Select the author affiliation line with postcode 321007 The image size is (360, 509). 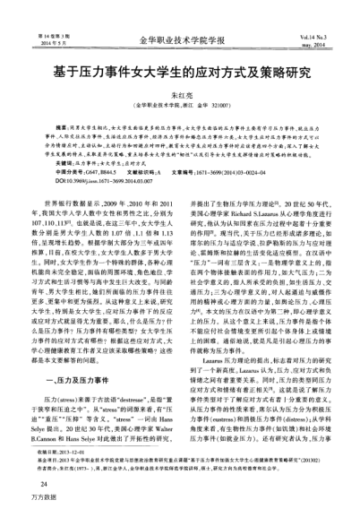click(x=179, y=106)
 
